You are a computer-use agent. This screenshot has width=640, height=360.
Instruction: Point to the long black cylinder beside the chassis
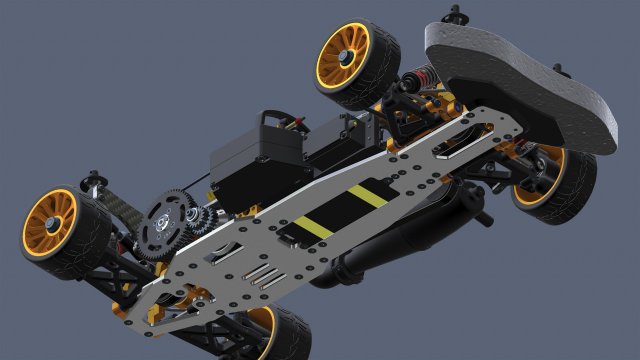pyautogui.click(x=400, y=240)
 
